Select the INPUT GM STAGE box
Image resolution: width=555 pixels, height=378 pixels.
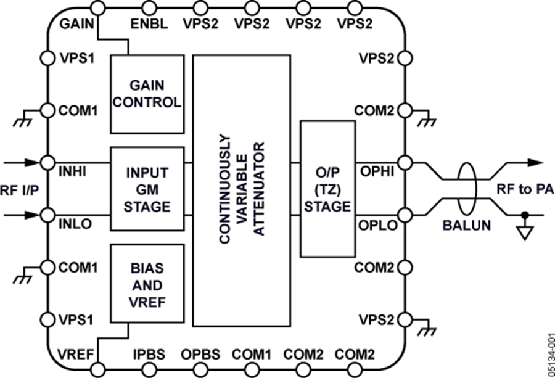click(147, 188)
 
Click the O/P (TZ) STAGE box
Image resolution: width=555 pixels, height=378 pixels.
click(327, 188)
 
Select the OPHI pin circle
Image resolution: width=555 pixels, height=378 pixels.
click(405, 163)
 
